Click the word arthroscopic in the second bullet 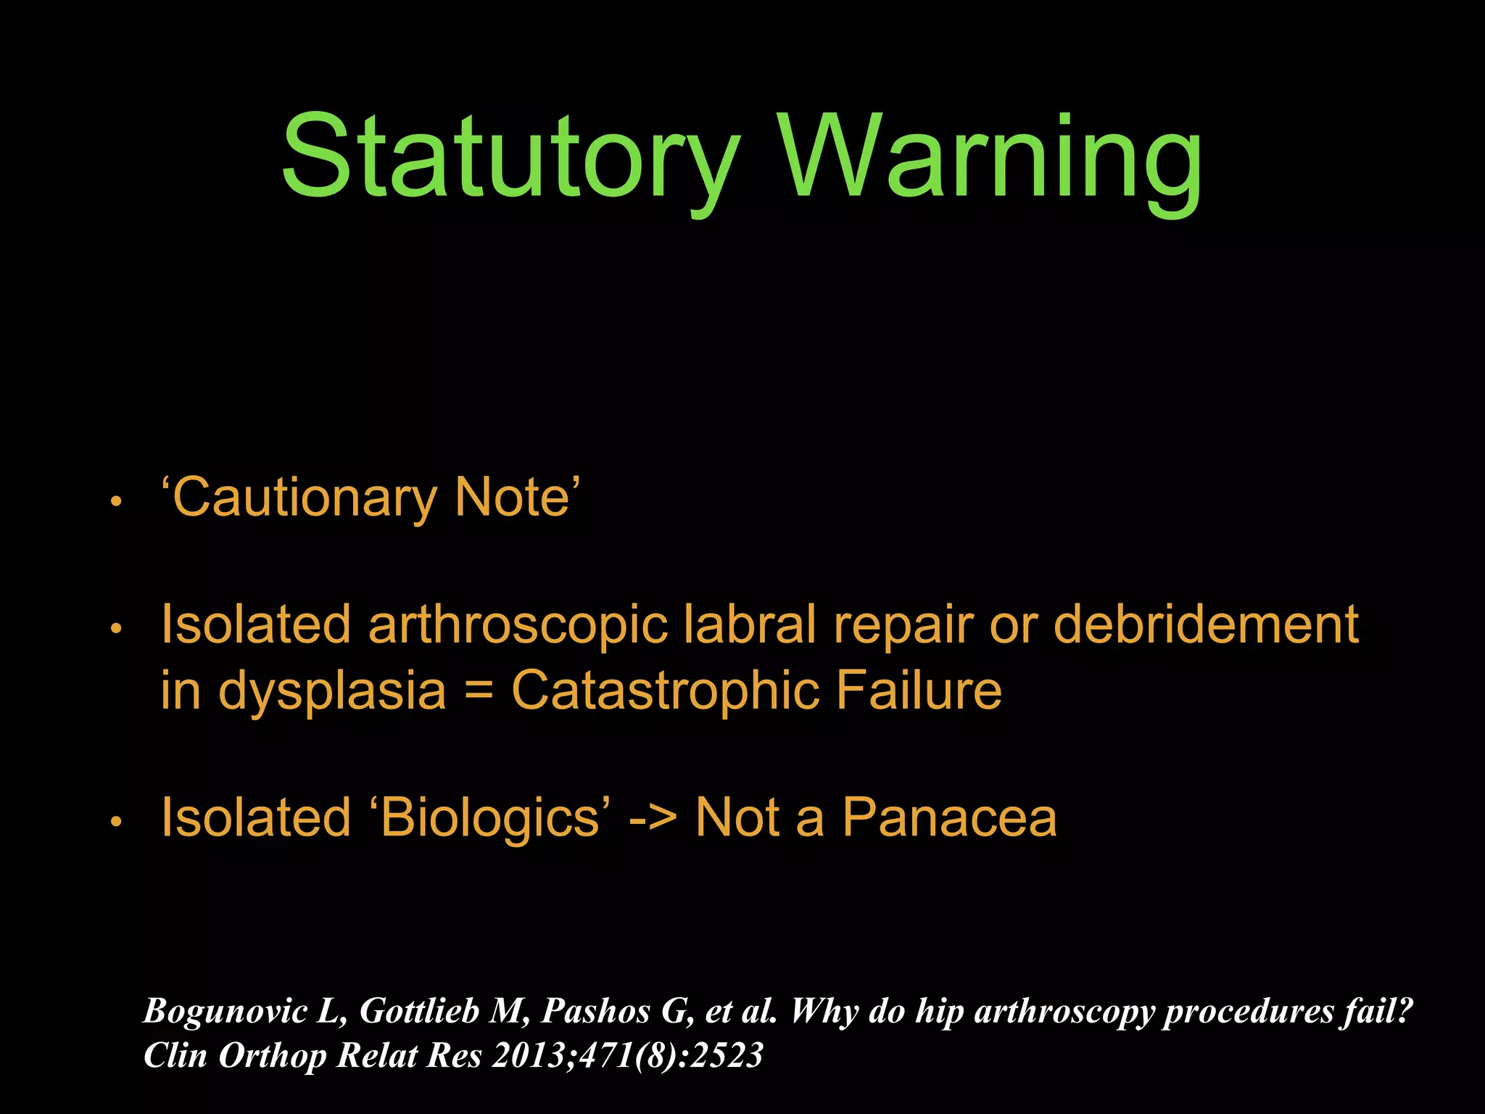(518, 625)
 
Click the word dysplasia (332, 690)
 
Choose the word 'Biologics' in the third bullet (490, 818)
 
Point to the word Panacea (949, 818)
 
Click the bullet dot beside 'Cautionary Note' (115, 501)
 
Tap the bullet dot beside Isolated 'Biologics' (115, 822)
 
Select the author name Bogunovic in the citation (226, 1011)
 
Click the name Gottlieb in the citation (419, 1011)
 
